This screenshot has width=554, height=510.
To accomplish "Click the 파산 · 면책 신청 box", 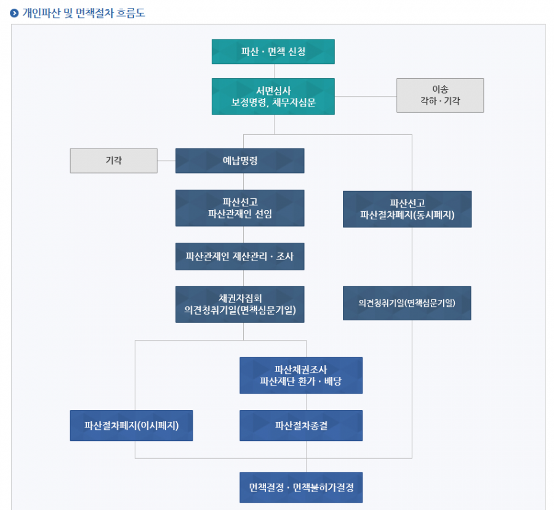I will click(x=273, y=52).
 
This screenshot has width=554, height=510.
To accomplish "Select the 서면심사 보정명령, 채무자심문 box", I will click(x=273, y=96).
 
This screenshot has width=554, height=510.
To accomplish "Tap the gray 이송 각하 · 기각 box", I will click(x=440, y=95).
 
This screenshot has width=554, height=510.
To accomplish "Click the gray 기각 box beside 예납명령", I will click(x=114, y=160).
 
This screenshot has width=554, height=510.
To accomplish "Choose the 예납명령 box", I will click(x=240, y=161).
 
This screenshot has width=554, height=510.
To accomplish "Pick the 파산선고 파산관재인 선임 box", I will click(x=240, y=208).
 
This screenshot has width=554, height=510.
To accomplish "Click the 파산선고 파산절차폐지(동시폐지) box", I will click(x=407, y=209).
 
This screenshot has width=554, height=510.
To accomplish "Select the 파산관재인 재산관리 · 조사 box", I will click(x=240, y=256).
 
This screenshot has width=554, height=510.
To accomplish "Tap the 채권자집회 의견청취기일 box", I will click(x=240, y=304).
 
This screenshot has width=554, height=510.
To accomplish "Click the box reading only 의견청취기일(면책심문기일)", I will click(x=407, y=303).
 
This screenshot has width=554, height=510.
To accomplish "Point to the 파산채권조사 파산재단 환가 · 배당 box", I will click(x=301, y=375).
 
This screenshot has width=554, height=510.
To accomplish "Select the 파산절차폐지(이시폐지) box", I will click(x=131, y=426).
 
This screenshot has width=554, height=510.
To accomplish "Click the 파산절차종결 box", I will click(x=301, y=426).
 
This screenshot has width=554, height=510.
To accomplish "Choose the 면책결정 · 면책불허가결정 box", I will click(x=301, y=488).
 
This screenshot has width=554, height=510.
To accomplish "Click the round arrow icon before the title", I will click(x=14, y=13).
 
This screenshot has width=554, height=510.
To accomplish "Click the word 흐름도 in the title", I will click(x=130, y=13).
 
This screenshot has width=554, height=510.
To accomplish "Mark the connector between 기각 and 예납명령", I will click(x=166, y=161).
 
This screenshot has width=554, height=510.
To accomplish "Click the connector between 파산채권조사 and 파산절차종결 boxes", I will click(x=307, y=402).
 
